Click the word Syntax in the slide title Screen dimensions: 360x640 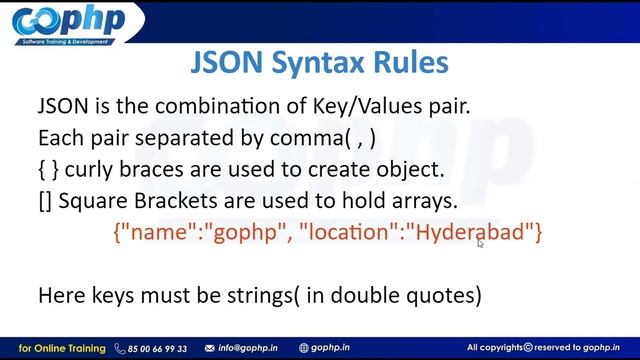click(318, 62)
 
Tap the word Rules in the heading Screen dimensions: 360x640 click(407, 62)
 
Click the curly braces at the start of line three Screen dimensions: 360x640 click(48, 169)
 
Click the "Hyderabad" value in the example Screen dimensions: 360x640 click(473, 233)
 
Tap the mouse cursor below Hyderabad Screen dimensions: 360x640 click(480, 242)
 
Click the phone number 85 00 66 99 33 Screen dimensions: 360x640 click(157, 348)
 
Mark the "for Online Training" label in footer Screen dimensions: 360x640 click(62, 348)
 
